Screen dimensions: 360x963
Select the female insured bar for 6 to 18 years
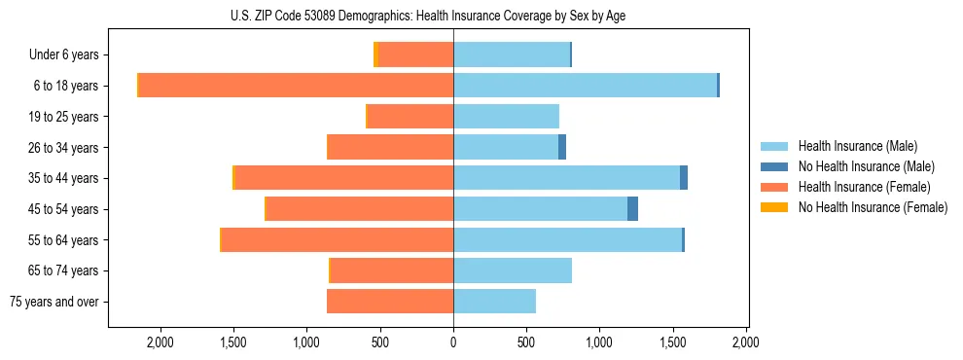[x=297, y=86]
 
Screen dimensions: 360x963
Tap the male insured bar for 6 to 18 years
[x=585, y=86]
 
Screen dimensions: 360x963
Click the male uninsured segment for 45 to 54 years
[x=632, y=209]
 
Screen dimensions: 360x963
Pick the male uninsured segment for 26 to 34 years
[x=562, y=147]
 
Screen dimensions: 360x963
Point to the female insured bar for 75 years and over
[x=390, y=302]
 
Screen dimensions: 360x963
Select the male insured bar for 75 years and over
[x=494, y=302]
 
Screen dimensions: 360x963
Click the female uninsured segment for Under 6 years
[x=376, y=54]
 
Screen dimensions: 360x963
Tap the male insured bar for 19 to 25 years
[x=506, y=117]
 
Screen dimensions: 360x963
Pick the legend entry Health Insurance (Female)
[x=863, y=187]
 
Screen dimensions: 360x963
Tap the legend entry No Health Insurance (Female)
[x=872, y=207]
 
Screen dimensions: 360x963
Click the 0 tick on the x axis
[x=453, y=342]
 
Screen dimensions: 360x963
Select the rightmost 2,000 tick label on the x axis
[x=746, y=342]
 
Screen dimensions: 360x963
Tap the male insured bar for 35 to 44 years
[x=566, y=178]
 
